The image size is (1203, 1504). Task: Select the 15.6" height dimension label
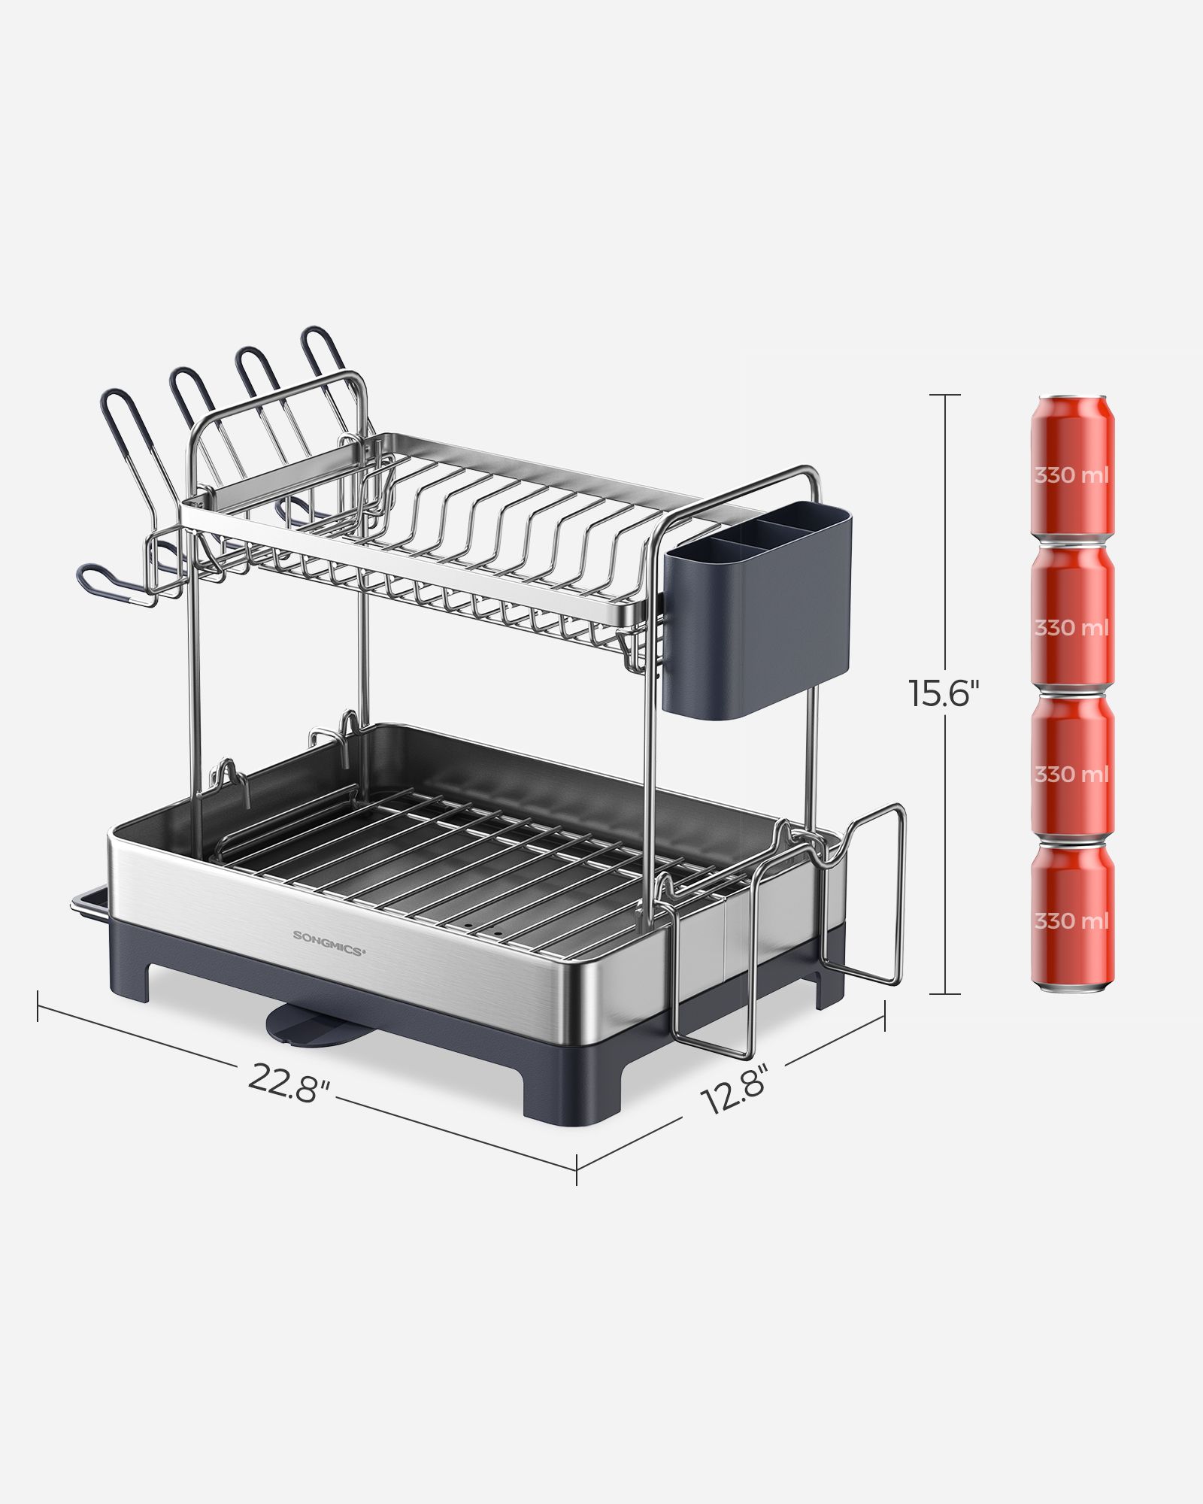[944, 693]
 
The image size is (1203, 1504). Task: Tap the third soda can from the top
[1071, 767]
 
